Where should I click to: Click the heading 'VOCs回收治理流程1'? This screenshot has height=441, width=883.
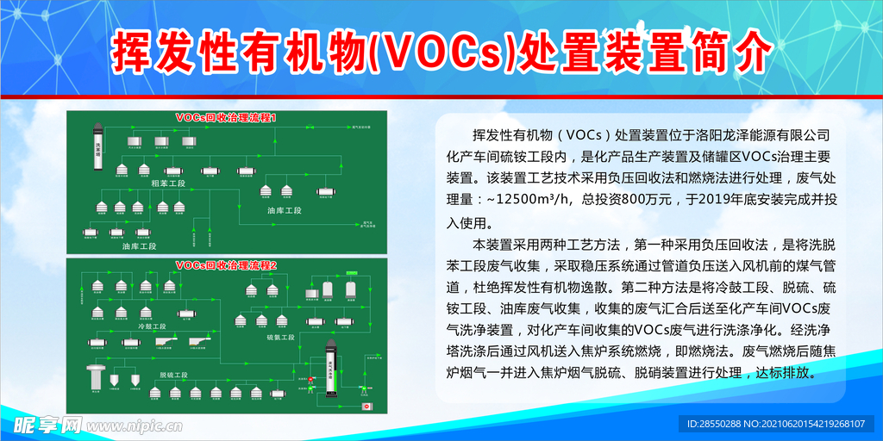pos(226,116)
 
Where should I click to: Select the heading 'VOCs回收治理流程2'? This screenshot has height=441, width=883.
pos(226,264)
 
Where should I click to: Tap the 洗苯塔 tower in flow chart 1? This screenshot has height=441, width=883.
pos(97,144)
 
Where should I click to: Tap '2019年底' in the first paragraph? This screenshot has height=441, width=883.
pos(724,200)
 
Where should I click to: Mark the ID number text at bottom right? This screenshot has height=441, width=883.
pos(778,424)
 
